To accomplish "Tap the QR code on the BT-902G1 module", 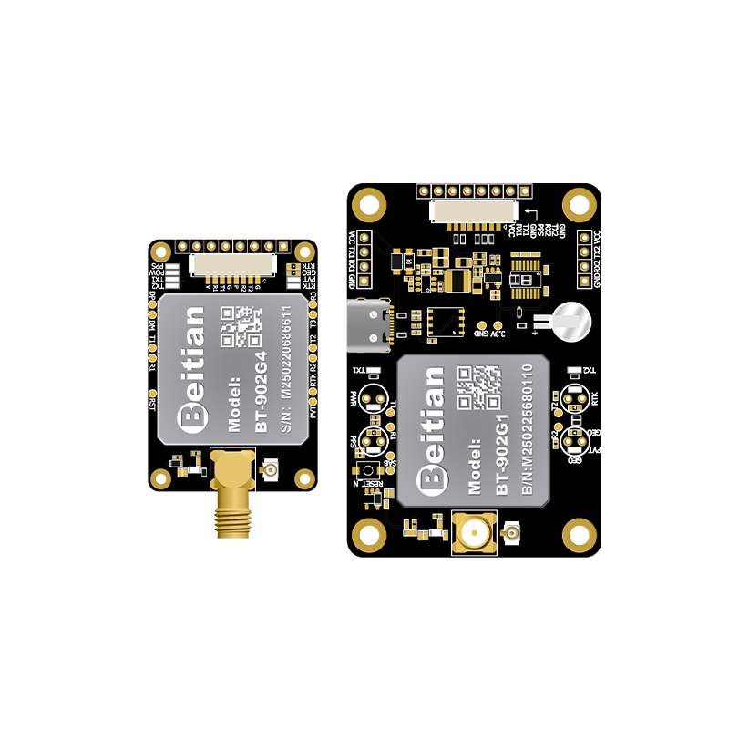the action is (x=478, y=386).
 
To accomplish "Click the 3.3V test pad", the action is (x=498, y=324).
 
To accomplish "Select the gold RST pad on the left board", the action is (x=152, y=398).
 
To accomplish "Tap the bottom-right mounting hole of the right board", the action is (x=579, y=533).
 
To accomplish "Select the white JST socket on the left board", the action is (x=231, y=264).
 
